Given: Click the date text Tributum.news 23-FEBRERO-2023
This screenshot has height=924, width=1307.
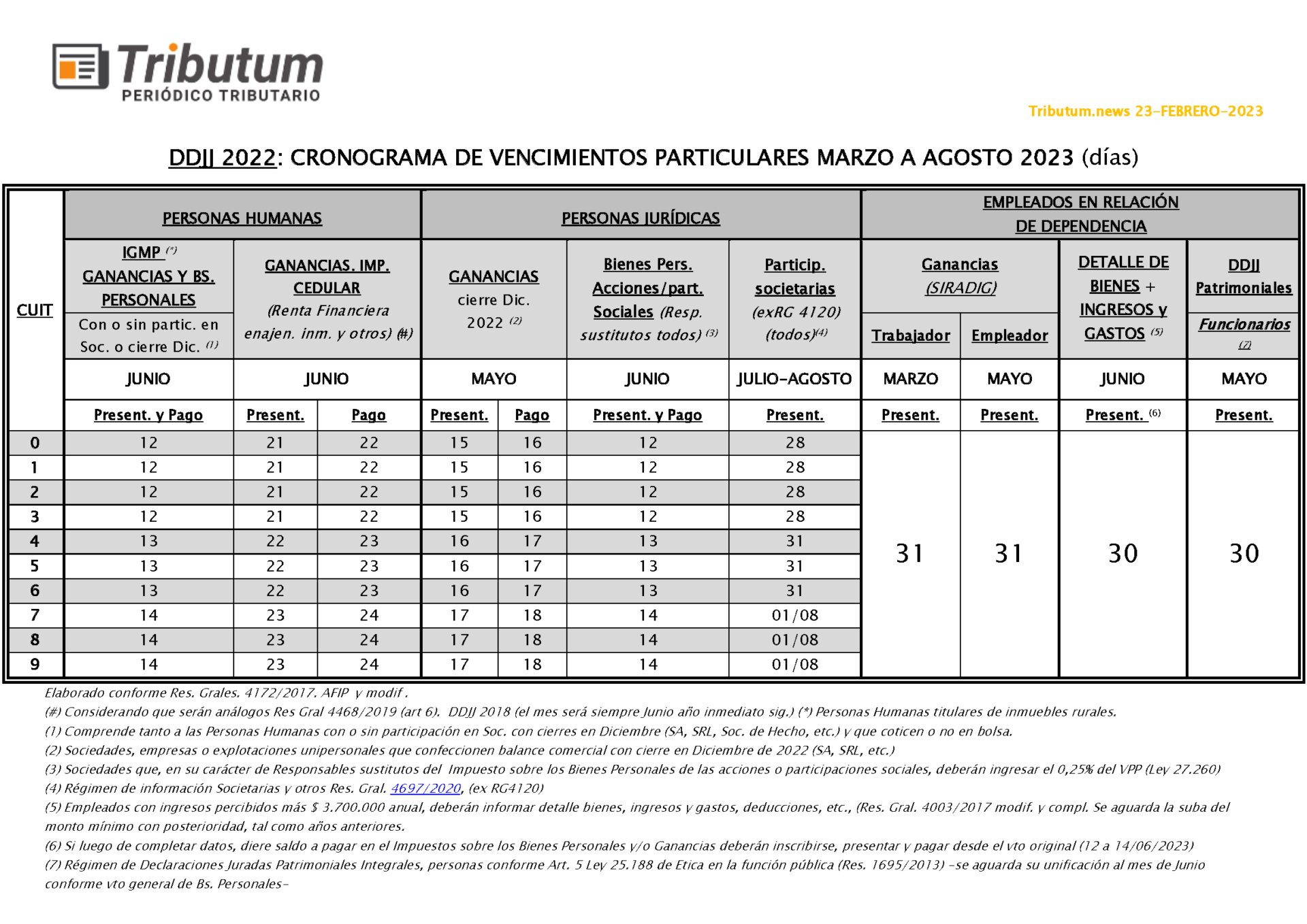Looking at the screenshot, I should click(1145, 111).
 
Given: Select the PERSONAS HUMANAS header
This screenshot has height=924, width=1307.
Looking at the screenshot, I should click(242, 218).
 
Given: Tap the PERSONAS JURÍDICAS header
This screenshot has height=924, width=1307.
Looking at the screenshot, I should click(640, 218).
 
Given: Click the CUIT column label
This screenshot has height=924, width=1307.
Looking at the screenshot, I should click(35, 310).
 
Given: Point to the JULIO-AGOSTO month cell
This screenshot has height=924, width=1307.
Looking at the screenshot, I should click(794, 379).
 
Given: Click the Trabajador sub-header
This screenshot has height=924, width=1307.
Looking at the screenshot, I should click(910, 335).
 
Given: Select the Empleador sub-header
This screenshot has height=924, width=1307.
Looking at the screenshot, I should click(1009, 335).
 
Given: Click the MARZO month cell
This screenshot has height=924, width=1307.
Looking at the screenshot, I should click(910, 379).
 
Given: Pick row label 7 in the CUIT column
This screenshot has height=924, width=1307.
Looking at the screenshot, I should click(35, 615).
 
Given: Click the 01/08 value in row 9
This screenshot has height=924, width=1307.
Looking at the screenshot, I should click(794, 664).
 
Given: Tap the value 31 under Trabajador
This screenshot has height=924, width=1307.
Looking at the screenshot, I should click(909, 553).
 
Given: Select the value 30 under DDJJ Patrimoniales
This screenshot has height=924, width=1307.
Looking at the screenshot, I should click(1243, 553).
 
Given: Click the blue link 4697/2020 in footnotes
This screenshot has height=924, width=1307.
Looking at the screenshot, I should click(425, 788).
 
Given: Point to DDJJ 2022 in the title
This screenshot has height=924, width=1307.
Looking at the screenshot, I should click(222, 158).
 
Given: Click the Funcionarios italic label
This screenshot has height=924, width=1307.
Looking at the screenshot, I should click(1244, 325).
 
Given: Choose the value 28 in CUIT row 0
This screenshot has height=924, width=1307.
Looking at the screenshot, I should click(794, 443).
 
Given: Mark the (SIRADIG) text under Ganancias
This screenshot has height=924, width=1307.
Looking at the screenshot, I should click(960, 288).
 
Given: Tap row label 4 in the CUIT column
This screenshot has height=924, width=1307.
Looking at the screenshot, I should click(35, 542).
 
